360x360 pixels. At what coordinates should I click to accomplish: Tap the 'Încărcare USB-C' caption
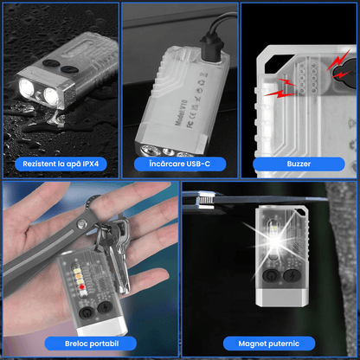(x=180, y=162)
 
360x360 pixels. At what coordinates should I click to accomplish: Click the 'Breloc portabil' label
(x=88, y=344)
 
